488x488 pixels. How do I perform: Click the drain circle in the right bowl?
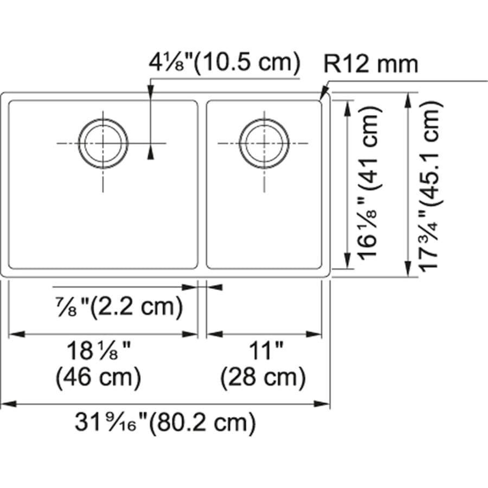(264, 143)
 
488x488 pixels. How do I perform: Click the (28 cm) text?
(262, 376)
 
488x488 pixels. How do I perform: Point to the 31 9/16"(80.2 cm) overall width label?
(165, 422)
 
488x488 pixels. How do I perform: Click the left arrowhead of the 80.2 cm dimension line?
(7, 404)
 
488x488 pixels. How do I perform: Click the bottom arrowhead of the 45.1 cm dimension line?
(408, 272)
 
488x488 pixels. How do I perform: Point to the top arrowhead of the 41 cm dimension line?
(347, 106)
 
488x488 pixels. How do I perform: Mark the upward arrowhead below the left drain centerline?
(151, 153)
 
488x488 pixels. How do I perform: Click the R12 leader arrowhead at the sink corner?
(324, 96)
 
